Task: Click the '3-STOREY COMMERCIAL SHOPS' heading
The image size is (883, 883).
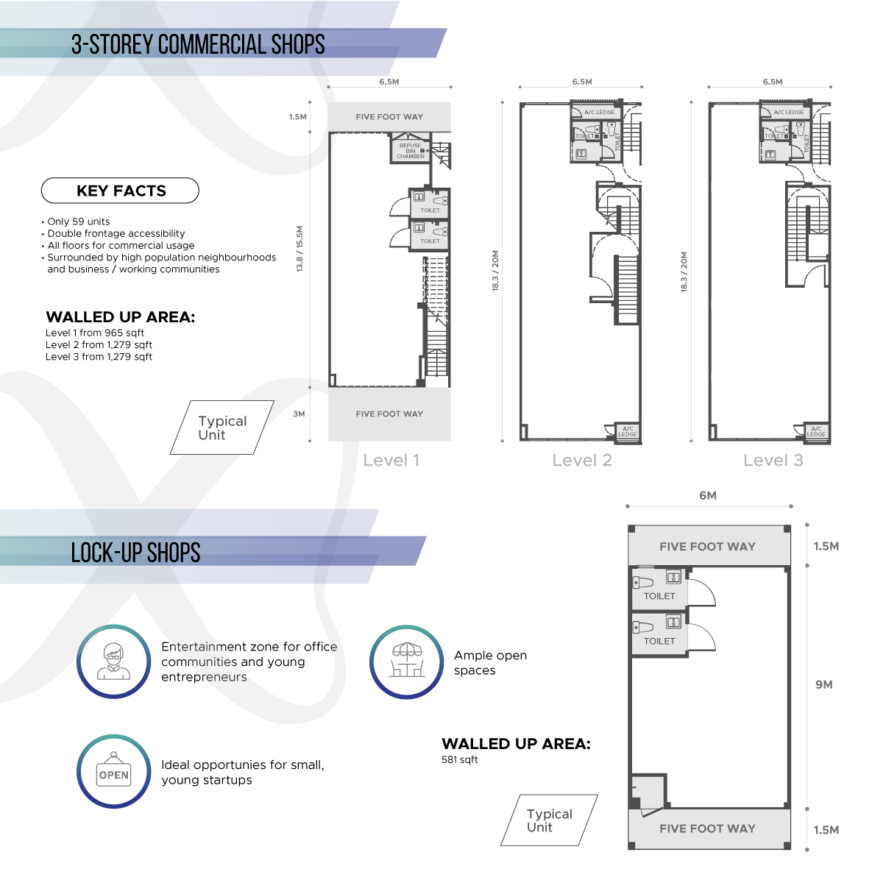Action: pos(198,44)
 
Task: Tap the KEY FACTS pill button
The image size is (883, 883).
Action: pos(120,191)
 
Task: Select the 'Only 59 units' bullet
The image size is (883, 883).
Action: pos(76,221)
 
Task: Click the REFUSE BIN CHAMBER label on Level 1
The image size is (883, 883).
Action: pos(410,151)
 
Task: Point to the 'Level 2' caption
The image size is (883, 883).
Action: pos(582,460)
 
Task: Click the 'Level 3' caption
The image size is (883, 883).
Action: pos(773,460)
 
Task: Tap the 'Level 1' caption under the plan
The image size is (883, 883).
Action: pos(391,460)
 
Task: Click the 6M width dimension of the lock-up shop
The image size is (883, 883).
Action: pos(708,496)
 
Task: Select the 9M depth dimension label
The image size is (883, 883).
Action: pos(824,684)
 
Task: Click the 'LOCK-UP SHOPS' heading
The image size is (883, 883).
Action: pos(135,553)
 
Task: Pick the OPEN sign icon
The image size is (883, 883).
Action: pos(113,772)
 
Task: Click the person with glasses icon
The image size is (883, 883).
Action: pos(113,662)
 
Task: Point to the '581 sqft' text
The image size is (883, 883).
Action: pos(460,759)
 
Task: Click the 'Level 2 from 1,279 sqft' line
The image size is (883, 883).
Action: pos(99,345)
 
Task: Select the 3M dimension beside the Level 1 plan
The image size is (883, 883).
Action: pos(299,414)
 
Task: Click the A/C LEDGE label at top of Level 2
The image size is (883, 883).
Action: pos(600,113)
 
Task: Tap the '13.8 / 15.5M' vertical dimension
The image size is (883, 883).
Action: pos(299,249)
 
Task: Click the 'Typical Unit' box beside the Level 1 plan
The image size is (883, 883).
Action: pos(222,428)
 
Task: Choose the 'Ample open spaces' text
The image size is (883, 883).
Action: pos(490,662)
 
